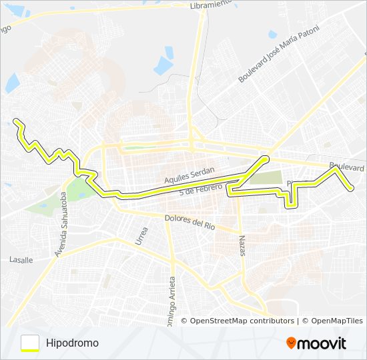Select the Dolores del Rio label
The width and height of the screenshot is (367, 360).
click(190, 221)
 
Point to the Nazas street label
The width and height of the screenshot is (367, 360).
click(242, 244)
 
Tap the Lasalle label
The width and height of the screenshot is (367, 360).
click(21, 259)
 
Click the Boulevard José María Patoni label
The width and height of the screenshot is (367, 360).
click(280, 54)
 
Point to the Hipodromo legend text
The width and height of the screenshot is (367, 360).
click(73, 343)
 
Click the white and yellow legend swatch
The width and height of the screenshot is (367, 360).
click(30, 343)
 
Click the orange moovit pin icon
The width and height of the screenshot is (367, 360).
click(292, 343)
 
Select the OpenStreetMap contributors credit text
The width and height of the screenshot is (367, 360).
click(242, 321)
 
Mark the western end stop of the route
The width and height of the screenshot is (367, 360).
click(15, 121)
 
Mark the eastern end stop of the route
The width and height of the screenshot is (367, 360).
click(351, 189)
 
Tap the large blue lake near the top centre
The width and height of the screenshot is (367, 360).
click(163, 65)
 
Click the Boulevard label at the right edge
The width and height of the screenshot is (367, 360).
click(347, 166)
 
